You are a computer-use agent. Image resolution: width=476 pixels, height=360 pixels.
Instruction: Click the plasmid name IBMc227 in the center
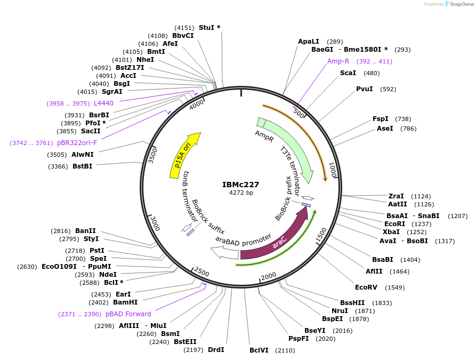pyautogui.click(x=241, y=185)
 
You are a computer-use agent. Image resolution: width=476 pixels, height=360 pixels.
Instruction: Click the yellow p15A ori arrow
pyautogui.click(x=184, y=155)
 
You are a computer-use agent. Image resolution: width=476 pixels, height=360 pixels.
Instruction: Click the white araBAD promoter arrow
pyautogui.click(x=224, y=253)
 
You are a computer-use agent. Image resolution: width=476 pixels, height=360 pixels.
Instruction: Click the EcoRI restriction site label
pyautogui.click(x=394, y=224)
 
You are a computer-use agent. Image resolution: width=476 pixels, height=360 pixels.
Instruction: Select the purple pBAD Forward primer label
pyautogui.click(x=128, y=314)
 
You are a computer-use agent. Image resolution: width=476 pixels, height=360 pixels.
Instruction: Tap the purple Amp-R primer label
pyautogui.click(x=338, y=61)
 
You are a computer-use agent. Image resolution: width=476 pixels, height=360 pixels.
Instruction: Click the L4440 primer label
pyautogui.click(x=103, y=103)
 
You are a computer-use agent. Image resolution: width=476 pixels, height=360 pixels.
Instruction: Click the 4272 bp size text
pyautogui.click(x=241, y=193)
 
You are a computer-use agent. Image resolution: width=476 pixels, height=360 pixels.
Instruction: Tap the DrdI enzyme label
pyautogui.click(x=215, y=350)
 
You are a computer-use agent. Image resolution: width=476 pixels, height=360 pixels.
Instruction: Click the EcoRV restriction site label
pyautogui.click(x=366, y=287)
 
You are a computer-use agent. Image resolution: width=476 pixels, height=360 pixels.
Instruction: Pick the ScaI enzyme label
pyautogui.click(x=348, y=73)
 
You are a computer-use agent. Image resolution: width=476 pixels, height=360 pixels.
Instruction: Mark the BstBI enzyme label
pyautogui.click(x=82, y=166)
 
